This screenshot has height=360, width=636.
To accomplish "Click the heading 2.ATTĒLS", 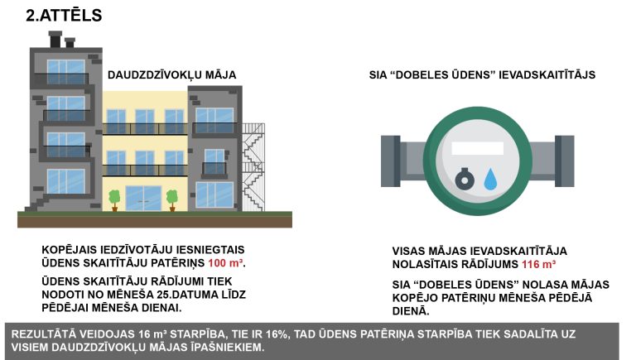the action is click(x=64, y=16).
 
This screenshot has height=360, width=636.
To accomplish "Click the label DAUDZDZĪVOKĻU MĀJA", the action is click(x=171, y=75).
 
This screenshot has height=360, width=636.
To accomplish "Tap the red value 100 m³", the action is click(x=226, y=263).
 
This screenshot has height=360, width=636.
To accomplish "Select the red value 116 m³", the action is click(x=538, y=264).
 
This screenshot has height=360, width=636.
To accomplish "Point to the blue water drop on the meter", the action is click(x=490, y=180).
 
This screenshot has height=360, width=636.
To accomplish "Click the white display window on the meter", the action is click(x=477, y=148).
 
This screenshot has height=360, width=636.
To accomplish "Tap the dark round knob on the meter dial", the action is click(x=465, y=179).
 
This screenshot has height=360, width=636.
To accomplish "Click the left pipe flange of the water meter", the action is click(x=391, y=161).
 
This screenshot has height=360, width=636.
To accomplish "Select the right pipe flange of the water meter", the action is click(x=565, y=161).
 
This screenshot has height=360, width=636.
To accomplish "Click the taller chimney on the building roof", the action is click(x=55, y=40).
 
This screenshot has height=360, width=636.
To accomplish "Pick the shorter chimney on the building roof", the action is click(x=70, y=43).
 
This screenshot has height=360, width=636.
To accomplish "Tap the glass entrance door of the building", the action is click(x=143, y=199).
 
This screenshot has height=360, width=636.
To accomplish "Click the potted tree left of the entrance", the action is click(x=114, y=200).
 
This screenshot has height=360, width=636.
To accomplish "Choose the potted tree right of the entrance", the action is click(x=172, y=200).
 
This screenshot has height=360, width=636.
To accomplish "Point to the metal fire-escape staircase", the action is click(x=253, y=167).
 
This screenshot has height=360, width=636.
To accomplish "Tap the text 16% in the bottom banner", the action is click(x=277, y=334).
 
